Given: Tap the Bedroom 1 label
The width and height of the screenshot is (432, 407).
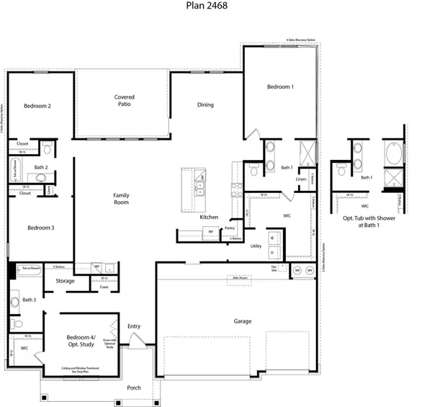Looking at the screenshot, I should pyautogui.click(x=280, y=87).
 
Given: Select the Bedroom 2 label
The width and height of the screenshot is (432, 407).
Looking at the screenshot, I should pyautogui.click(x=37, y=106).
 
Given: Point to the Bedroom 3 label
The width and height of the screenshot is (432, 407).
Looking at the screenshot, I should pyautogui.click(x=40, y=228).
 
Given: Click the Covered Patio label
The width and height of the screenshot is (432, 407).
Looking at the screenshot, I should pyautogui.click(x=124, y=102).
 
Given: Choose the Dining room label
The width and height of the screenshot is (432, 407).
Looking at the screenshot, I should pyautogui.click(x=205, y=105).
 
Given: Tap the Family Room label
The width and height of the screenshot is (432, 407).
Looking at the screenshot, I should pyautogui.click(x=120, y=199).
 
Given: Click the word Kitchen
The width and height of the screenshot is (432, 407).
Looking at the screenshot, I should pyautogui.click(x=209, y=217).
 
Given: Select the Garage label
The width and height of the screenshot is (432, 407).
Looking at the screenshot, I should pyautogui.click(x=243, y=321).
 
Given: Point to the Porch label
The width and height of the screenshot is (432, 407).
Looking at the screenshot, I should pyautogui.click(x=134, y=388).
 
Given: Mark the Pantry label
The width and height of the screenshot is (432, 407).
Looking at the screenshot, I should pyautogui.click(x=230, y=228).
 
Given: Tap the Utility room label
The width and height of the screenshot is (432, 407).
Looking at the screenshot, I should pyautogui.click(x=256, y=246).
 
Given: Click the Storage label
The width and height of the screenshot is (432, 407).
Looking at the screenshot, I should pyautogui.click(x=65, y=281).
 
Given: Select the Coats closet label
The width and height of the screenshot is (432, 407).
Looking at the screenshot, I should pyautogui.click(x=104, y=287).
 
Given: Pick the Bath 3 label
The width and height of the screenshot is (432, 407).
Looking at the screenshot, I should pyautogui.click(x=29, y=300).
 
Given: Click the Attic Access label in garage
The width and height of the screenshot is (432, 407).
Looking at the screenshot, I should pyautogui.click(x=237, y=277).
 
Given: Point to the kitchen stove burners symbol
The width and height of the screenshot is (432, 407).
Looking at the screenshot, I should pyautogui.click(x=235, y=189).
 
